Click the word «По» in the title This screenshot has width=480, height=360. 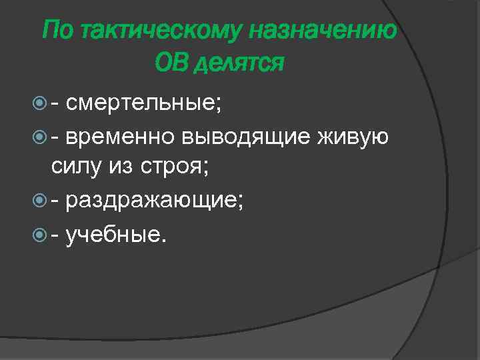(x=56, y=30)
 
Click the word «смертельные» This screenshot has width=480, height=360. (x=144, y=103)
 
